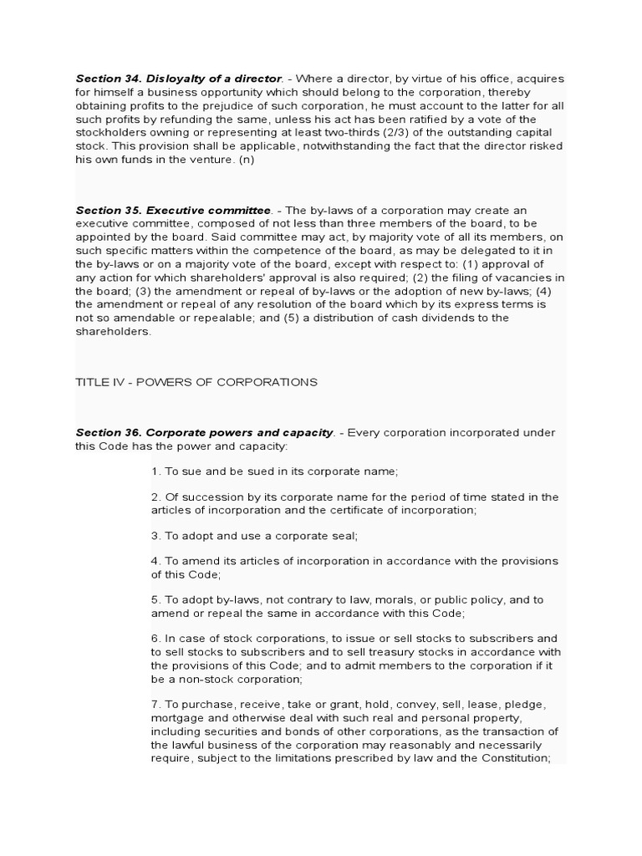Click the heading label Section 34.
coord(108,79)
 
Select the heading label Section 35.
coord(108,210)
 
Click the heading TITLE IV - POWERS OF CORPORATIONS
coord(196,382)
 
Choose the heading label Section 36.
coord(108,432)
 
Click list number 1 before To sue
coord(155,471)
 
